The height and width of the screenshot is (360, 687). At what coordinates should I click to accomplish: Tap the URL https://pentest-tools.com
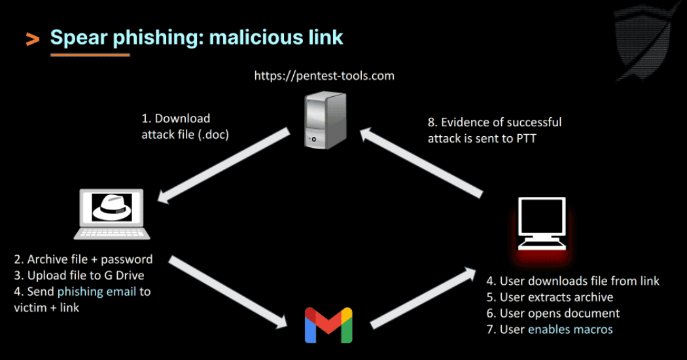[325, 75]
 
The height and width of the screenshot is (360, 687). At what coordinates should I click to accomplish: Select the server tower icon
[324, 121]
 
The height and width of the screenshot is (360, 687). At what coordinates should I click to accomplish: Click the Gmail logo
[328, 325]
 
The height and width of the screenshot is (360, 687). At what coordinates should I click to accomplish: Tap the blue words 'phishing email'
[97, 291]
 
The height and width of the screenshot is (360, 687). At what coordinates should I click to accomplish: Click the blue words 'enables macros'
[571, 329]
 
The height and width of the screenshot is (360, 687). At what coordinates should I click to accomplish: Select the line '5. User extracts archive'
[550, 297]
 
